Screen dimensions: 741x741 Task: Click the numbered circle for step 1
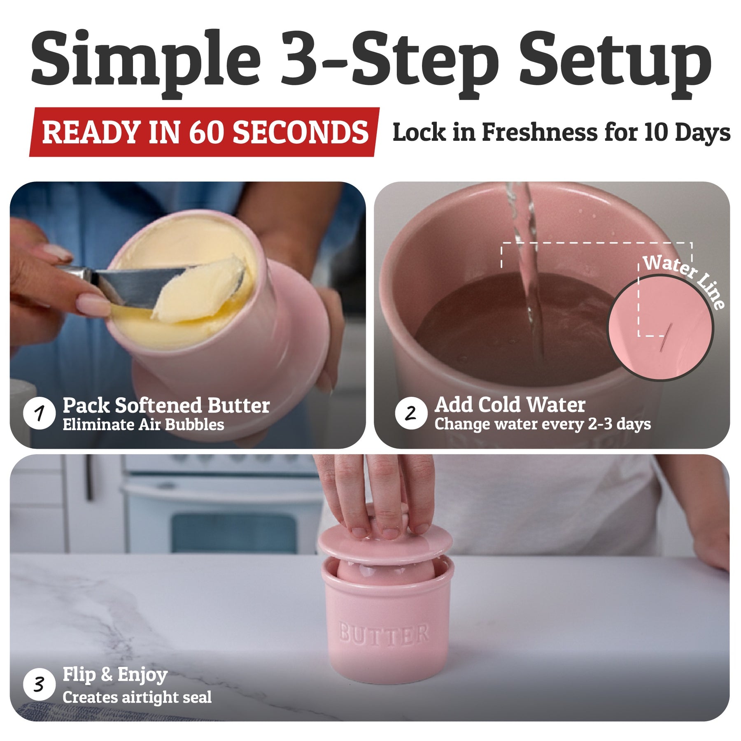coord(40,413)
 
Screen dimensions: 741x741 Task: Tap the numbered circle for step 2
coord(411,413)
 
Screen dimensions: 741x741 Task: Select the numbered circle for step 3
coord(40,685)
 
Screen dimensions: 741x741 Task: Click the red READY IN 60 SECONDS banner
coord(204,132)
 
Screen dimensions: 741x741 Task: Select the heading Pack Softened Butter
coord(166,405)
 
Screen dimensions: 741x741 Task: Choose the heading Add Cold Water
coord(510,405)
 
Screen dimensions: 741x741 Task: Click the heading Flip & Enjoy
coord(115,675)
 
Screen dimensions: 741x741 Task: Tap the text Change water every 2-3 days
coord(543,424)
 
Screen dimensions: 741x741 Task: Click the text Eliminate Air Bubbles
coord(143,424)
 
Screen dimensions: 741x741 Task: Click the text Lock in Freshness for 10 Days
coord(562,133)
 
